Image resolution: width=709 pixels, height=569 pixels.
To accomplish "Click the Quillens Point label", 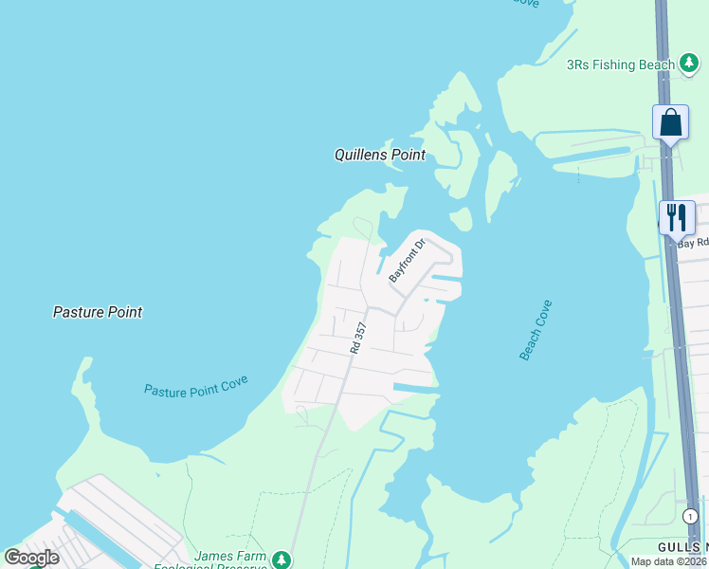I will tap(379, 155).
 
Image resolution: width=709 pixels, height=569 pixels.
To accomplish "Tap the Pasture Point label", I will tap(98, 312).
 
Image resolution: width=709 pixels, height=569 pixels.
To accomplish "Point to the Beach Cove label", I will tap(535, 330).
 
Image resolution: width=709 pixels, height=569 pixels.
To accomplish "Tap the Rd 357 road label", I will tap(356, 339).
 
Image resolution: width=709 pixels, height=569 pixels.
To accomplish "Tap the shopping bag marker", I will tap(670, 122).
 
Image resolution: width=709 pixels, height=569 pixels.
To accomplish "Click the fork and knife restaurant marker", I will tap(676, 217).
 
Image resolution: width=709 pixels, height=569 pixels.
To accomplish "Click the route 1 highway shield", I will tap(691, 516).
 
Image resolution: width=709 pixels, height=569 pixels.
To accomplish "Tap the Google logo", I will tap(31, 558).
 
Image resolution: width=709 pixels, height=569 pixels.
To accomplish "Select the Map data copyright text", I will tap(669, 561).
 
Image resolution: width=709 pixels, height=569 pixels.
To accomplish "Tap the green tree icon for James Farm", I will tap(281, 560).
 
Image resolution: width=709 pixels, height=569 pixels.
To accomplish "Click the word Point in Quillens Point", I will tap(405, 155).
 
